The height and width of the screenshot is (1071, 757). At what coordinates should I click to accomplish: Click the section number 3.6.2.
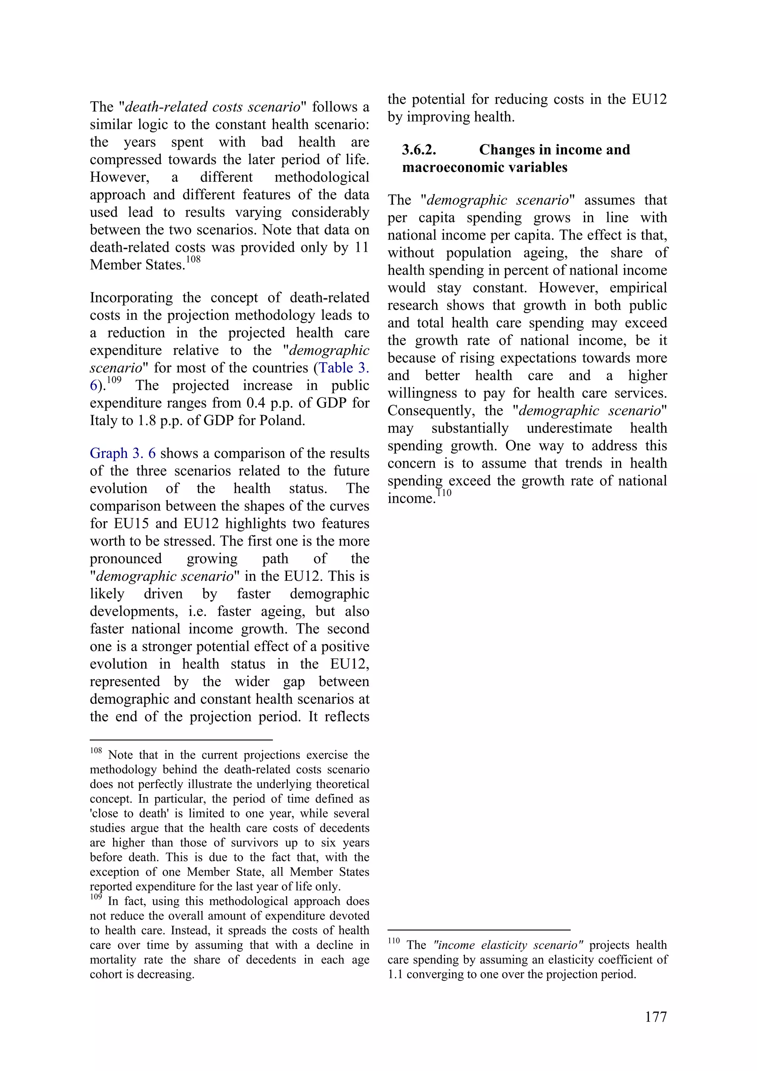tap(418, 150)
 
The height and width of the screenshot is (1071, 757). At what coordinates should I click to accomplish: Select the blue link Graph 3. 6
tap(123, 453)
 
